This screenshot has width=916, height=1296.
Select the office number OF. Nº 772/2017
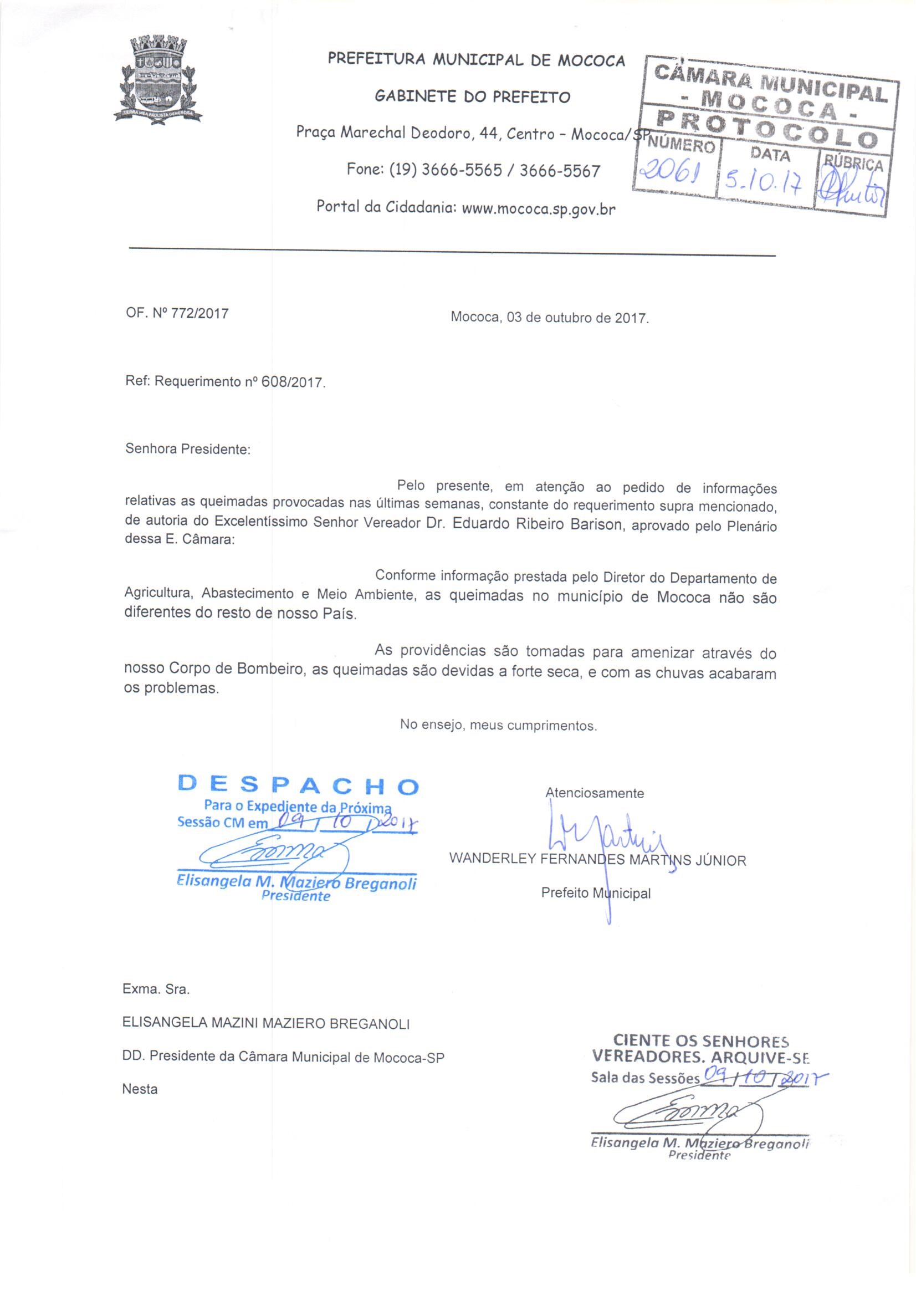tap(177, 313)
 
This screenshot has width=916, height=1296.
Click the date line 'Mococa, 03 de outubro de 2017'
tap(550, 317)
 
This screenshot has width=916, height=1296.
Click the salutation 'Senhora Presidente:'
tap(187, 450)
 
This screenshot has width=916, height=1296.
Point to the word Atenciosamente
tap(593, 793)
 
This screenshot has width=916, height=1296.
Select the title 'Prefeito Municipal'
tap(596, 893)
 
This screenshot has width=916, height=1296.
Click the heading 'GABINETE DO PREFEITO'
tap(472, 96)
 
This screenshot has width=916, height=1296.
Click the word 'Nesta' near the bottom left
tap(140, 1089)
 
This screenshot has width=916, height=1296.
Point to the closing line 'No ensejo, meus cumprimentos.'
tap(498, 724)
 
